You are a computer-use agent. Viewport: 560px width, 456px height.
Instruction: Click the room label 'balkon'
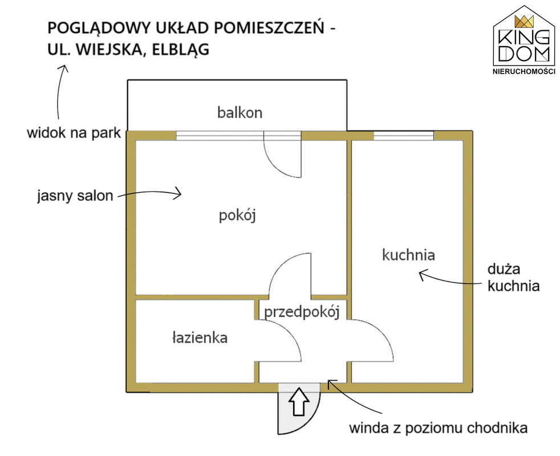point(240,112)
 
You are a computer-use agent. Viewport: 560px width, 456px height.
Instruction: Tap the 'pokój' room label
point(237,215)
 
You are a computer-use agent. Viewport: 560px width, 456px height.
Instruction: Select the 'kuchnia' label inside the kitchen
point(408,255)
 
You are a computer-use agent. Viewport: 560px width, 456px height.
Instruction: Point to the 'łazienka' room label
point(200,337)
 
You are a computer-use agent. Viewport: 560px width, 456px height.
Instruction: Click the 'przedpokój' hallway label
point(302,312)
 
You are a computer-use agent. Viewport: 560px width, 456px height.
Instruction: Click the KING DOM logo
point(524,40)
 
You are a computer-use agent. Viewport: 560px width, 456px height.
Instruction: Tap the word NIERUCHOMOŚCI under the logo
point(524,71)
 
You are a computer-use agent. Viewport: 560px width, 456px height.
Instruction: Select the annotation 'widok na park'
point(74,133)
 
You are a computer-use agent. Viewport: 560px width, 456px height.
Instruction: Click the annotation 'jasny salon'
point(75,196)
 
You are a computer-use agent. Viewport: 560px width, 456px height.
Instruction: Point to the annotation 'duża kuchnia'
point(513,278)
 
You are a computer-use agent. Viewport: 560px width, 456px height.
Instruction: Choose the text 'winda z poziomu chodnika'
point(438,428)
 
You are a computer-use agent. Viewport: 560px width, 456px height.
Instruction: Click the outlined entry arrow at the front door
point(299,402)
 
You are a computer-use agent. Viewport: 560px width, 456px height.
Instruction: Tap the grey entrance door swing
point(299,409)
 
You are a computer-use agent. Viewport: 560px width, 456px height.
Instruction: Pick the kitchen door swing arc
point(382,334)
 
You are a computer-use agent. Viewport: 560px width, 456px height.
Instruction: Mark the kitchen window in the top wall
point(404,136)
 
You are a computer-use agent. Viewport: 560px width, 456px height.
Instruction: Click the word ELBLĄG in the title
point(181,49)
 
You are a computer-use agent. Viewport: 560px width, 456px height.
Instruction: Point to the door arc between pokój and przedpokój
point(281,264)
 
